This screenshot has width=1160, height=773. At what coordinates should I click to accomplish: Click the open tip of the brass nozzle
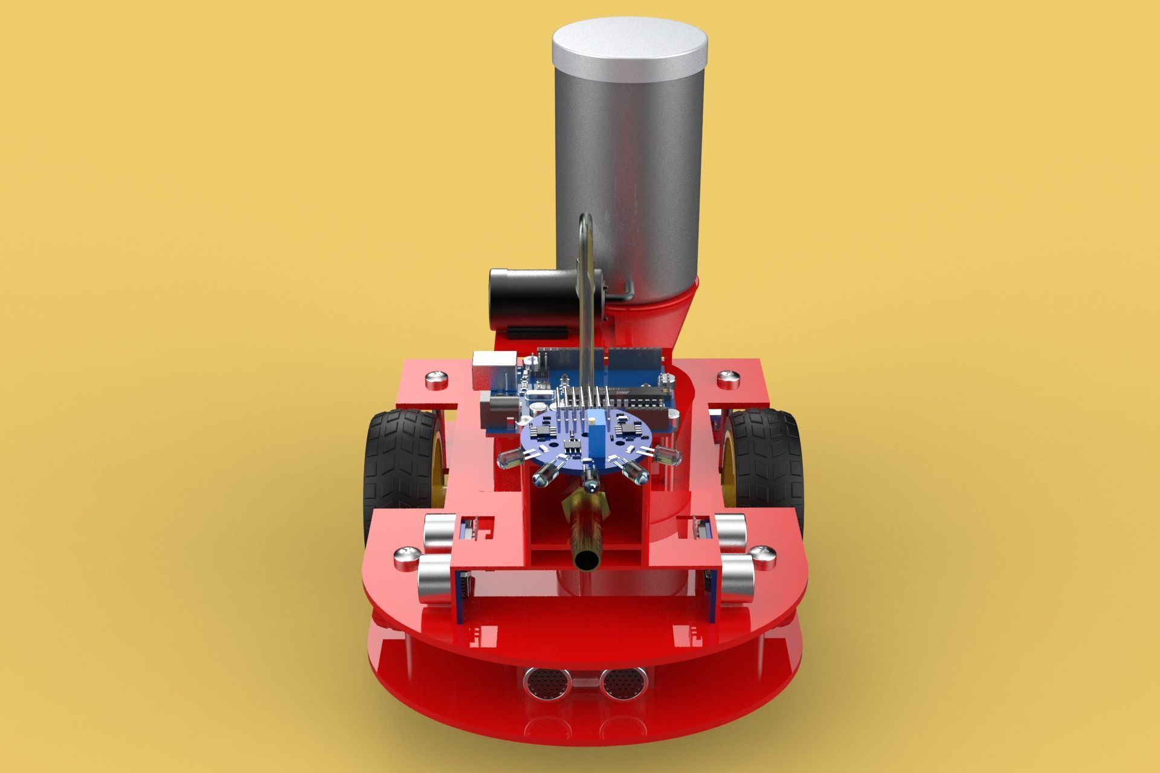[585, 560]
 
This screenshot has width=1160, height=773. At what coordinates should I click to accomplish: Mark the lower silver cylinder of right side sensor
[735, 577]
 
